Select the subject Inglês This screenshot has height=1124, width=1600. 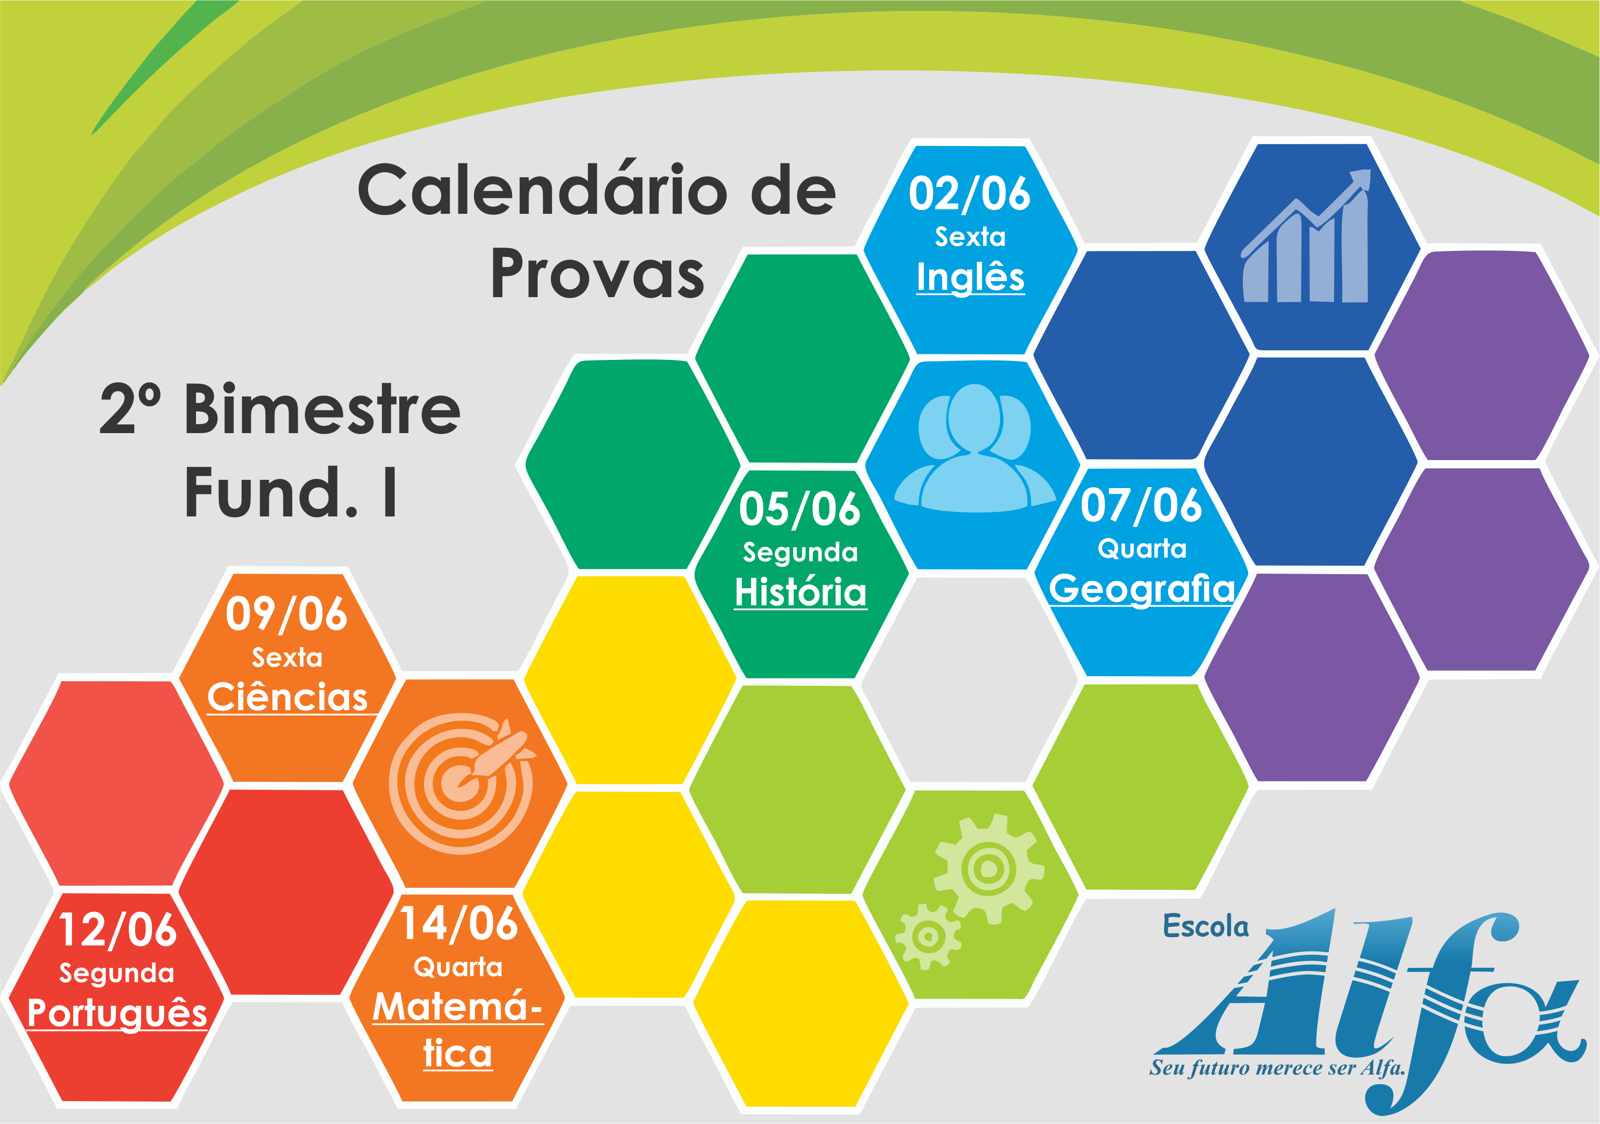coord(970,277)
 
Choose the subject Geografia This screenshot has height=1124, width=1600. coord(1142,589)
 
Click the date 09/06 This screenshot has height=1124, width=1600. coord(286,614)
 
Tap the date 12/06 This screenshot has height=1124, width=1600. coord(117,930)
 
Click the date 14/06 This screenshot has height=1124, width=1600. coord(458,924)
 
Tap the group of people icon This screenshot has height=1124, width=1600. coord(974,448)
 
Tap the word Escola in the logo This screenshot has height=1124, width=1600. coord(1206,927)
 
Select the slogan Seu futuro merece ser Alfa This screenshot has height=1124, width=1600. coord(1277,1068)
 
